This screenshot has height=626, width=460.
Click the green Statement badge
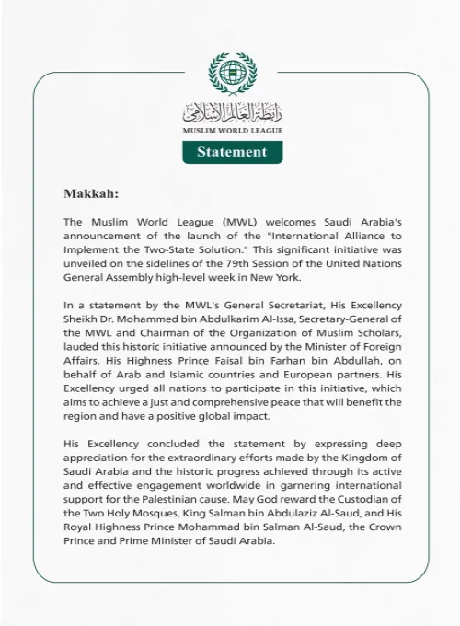click(232, 152)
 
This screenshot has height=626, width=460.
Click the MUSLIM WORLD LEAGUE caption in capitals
click(232, 132)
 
